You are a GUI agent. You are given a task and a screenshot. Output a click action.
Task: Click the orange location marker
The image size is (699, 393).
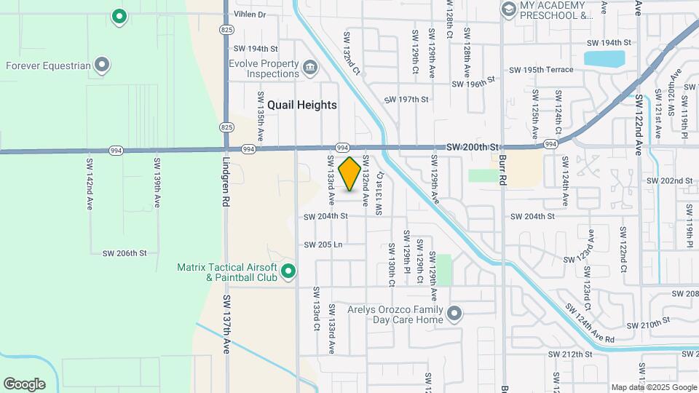coord(350,174)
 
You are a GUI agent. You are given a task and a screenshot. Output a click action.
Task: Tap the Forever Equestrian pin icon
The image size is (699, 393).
coord(103,65)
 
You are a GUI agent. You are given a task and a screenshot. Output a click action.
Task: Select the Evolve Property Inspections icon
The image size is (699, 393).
coord(310,69)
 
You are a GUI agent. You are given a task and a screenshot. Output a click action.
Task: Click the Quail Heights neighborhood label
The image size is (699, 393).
coord(302,105)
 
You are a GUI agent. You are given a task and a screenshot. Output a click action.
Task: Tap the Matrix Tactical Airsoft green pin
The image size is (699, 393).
coord(288,272)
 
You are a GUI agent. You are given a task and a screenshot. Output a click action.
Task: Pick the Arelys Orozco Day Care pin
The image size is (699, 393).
coord(455,314)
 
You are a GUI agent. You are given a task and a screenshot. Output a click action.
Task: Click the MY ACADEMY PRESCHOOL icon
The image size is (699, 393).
coord(508,9)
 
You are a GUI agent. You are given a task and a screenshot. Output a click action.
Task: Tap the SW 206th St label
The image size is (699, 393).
coord(125,253)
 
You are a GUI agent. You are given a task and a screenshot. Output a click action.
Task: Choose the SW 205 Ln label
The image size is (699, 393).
coord(323,245)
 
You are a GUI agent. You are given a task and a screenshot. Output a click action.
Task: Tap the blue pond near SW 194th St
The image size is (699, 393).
coord(604,57)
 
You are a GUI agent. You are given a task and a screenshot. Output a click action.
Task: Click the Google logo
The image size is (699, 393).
coord(24,384)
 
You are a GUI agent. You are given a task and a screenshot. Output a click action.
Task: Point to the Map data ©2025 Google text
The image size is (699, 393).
coord(653,387)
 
